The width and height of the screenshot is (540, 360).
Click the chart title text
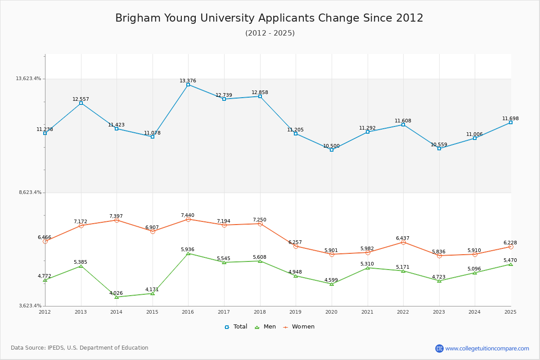tap(269, 18)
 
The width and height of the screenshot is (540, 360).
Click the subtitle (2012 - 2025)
tap(270, 33)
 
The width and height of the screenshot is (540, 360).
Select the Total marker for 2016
tap(188, 85)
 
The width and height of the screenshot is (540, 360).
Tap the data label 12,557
tap(81, 99)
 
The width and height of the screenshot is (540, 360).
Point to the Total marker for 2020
tap(332, 150)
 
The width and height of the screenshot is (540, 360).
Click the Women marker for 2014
tap(117, 220)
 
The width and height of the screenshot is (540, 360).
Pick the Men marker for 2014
tap(117, 297)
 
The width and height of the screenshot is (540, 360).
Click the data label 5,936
tap(188, 249)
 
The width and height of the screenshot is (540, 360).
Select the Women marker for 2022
tap(403, 242)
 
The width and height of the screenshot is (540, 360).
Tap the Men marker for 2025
tap(511, 264)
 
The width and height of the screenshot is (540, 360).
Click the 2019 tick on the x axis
tap(295, 312)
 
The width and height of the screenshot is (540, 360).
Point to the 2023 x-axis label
tap(439, 312)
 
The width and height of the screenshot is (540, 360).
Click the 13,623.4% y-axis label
tap(28, 78)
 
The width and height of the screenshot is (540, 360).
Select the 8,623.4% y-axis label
tap(30, 192)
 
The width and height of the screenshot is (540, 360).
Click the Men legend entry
tap(265, 327)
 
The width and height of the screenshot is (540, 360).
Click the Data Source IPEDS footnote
tap(80, 348)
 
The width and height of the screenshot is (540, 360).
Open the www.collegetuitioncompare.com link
tap(487, 348)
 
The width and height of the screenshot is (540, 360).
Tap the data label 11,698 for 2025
tap(510, 118)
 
